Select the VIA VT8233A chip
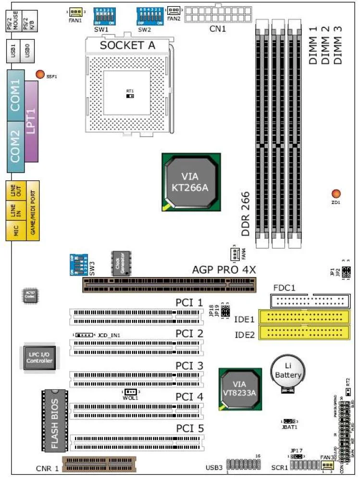(x=240, y=389)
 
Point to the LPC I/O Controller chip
(x=39, y=357)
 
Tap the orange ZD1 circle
(x=336, y=194)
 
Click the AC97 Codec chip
(x=30, y=296)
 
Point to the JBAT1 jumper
(x=287, y=421)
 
